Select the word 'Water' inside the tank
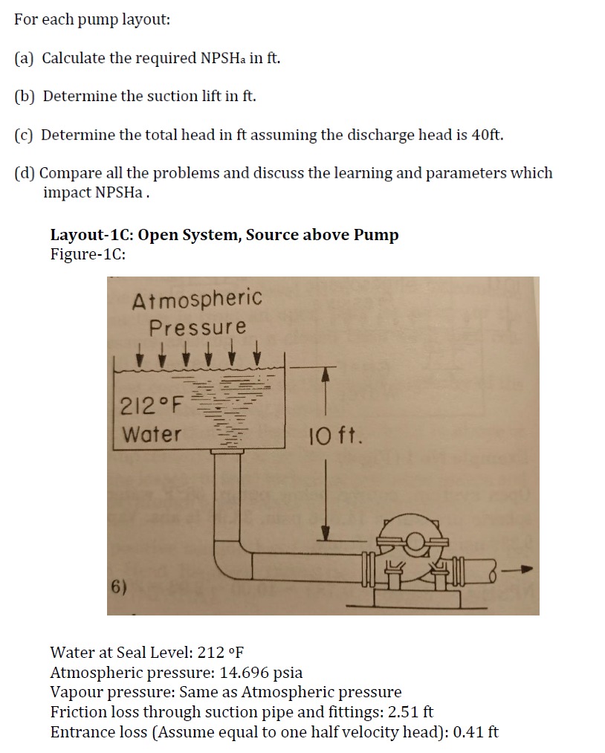point(151,434)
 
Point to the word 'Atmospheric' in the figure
point(197,299)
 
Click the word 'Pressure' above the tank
point(197,326)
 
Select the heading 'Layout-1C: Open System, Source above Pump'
point(224,235)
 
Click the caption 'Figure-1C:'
point(88,253)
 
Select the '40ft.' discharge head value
point(488,135)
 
